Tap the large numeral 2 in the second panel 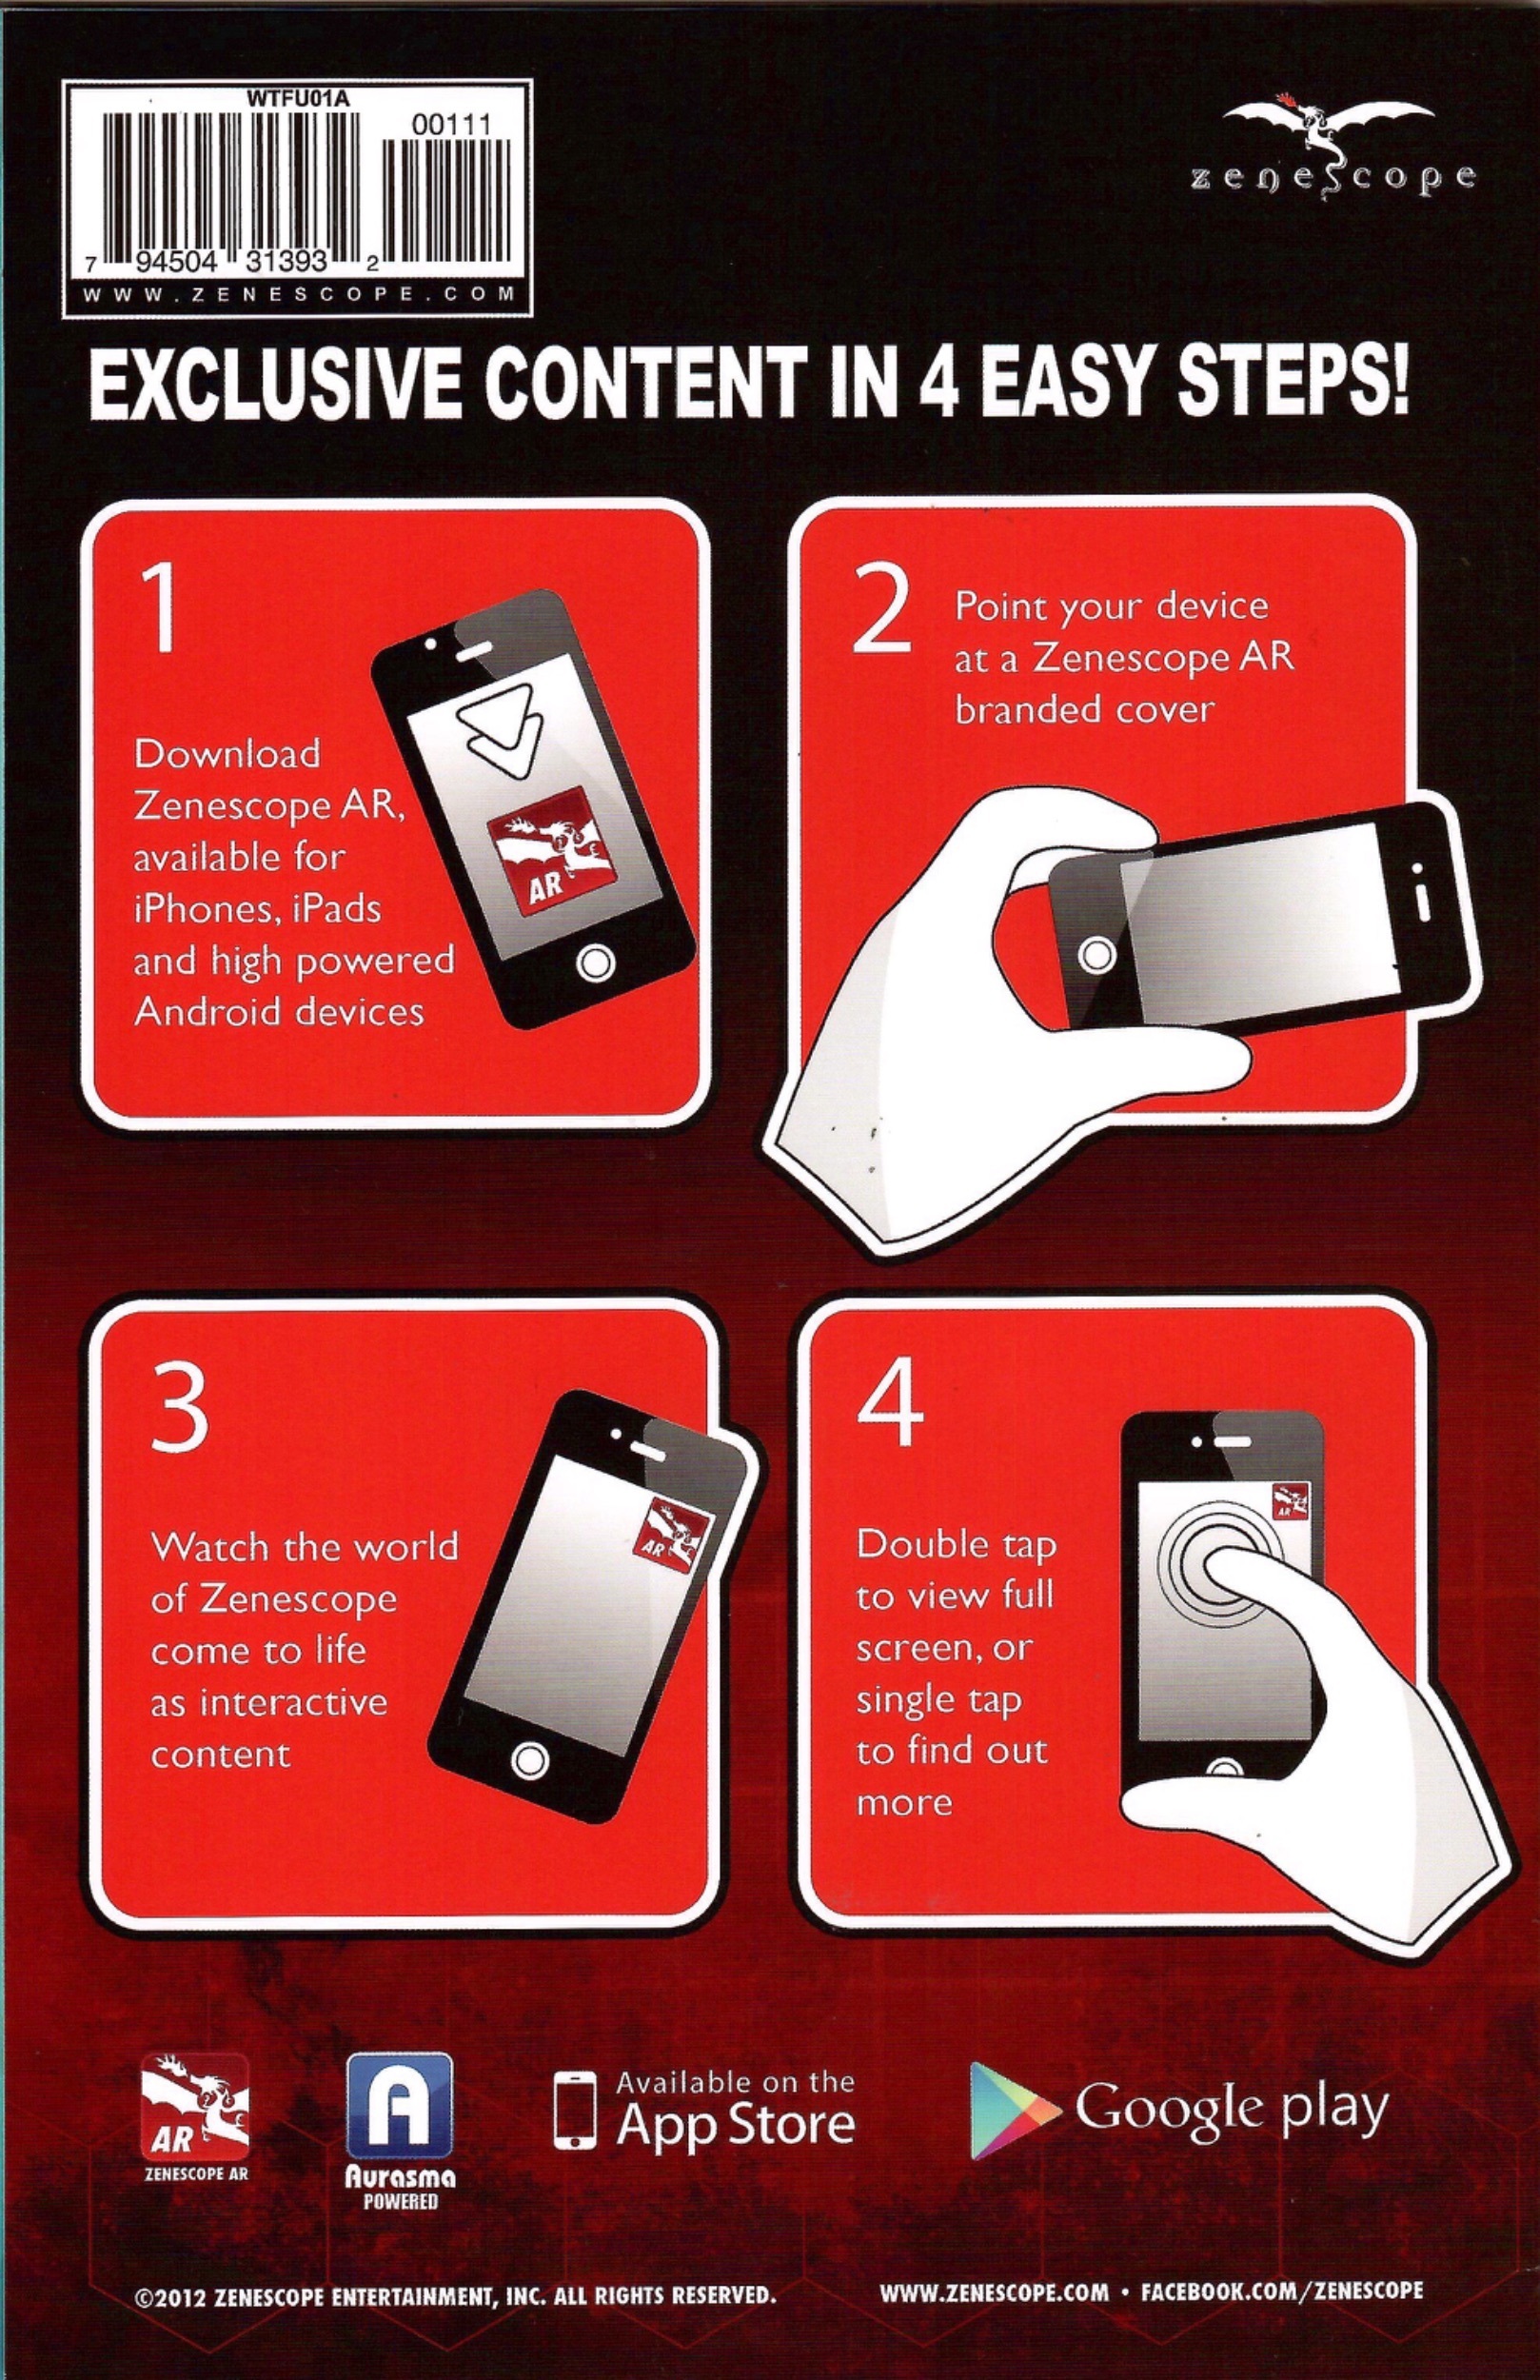(x=881, y=607)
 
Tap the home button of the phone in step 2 (x=1097, y=953)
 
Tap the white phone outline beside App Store (x=575, y=2110)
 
